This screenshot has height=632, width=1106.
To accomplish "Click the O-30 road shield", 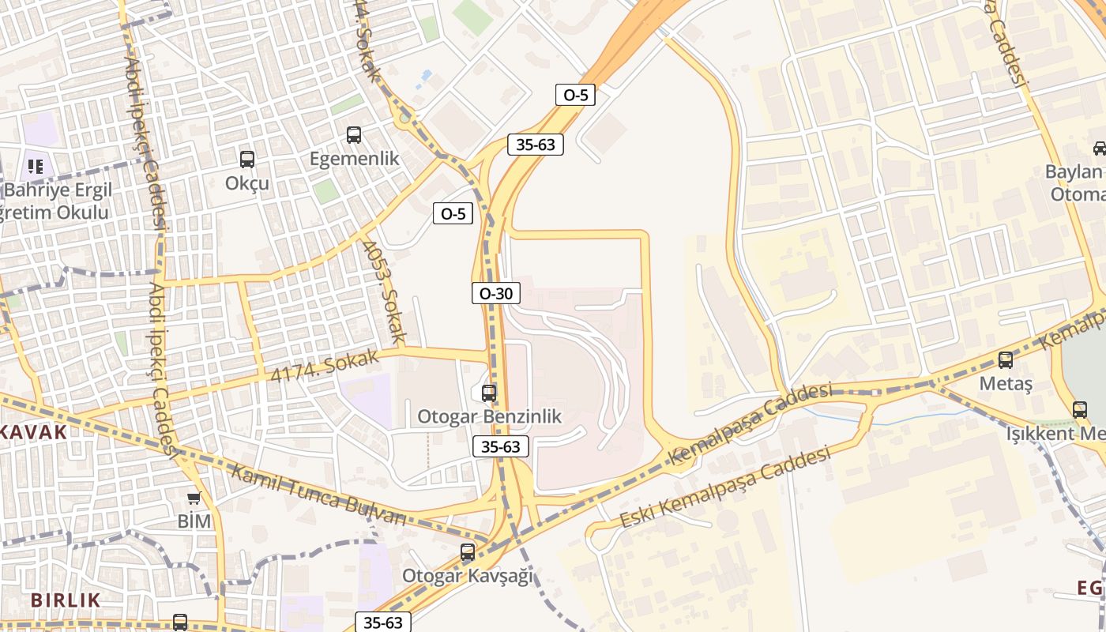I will click(x=496, y=294).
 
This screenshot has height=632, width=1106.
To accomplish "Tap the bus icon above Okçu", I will click(x=247, y=160).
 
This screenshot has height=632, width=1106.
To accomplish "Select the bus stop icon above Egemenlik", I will click(x=354, y=135).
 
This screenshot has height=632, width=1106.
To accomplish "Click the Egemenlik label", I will click(x=354, y=159).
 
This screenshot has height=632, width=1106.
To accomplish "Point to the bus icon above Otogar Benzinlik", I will click(x=489, y=393).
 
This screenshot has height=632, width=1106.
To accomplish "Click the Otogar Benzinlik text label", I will click(x=489, y=416).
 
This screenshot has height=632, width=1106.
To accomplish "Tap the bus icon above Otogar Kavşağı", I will click(x=468, y=552).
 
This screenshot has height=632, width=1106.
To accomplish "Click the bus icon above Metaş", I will click(x=1006, y=360).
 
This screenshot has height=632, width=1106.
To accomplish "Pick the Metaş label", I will click(x=1006, y=384).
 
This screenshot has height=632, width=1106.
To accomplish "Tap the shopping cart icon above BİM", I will click(x=194, y=498).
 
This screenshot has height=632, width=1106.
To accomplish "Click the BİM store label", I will click(x=194, y=521).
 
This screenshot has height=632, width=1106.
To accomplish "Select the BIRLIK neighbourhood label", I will click(x=66, y=600).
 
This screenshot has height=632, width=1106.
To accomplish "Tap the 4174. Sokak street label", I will click(x=325, y=367).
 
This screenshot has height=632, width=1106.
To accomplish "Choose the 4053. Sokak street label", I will click(x=385, y=292).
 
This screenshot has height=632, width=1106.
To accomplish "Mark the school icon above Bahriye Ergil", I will click(x=35, y=166).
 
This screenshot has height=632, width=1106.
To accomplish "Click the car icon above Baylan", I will click(x=1099, y=148).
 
